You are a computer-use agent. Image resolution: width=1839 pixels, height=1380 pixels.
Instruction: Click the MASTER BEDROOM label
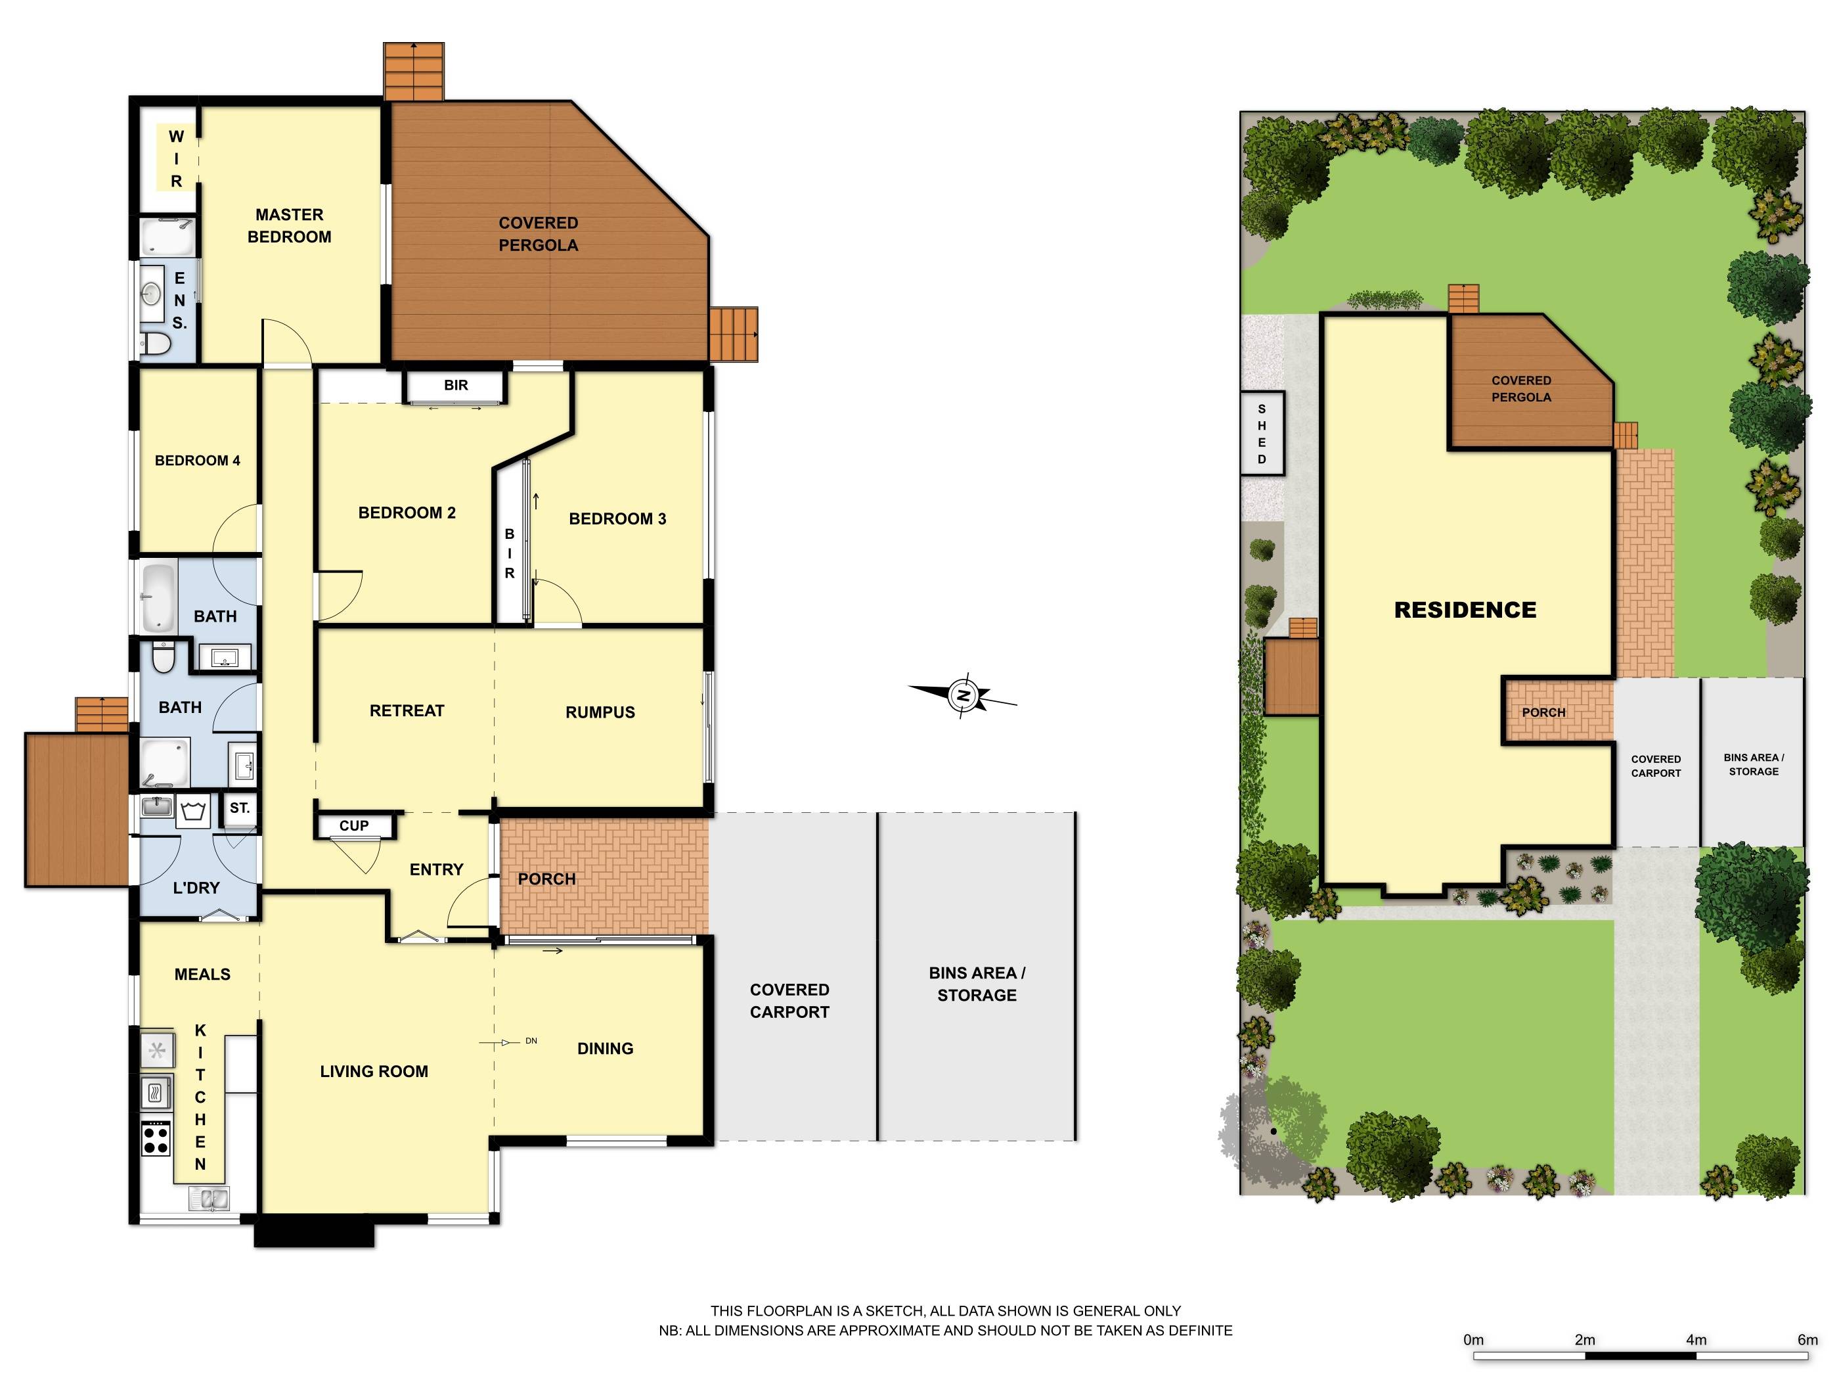click(x=290, y=225)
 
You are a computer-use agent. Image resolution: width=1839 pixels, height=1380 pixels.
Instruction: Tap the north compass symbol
click(x=964, y=695)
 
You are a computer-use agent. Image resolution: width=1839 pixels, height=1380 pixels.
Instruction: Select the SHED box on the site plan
click(x=1262, y=434)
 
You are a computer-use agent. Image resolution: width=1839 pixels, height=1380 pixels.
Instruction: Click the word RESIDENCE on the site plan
click(x=1465, y=610)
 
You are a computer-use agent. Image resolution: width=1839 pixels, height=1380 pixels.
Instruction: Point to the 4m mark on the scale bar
click(x=1696, y=1340)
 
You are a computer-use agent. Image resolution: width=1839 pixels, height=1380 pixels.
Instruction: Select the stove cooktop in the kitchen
click(x=156, y=1138)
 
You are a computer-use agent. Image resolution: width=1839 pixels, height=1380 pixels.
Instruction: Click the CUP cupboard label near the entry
click(x=353, y=826)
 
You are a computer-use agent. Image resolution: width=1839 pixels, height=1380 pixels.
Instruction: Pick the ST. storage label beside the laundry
click(x=240, y=808)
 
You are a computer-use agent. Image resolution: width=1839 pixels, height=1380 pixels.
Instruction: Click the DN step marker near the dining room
click(x=531, y=1041)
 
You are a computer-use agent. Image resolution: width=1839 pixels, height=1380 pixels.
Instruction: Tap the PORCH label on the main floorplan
click(x=546, y=879)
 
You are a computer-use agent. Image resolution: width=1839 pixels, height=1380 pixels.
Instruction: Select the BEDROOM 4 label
click(x=197, y=461)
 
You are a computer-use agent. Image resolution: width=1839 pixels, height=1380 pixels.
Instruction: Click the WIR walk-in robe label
click(x=176, y=159)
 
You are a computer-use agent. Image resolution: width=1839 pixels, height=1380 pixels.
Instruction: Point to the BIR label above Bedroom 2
click(x=456, y=385)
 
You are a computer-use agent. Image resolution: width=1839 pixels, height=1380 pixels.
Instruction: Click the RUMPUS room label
click(x=600, y=712)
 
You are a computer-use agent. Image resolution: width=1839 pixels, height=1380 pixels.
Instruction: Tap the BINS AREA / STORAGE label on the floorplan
click(x=977, y=984)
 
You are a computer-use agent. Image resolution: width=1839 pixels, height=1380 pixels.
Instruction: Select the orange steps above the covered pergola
click(x=413, y=71)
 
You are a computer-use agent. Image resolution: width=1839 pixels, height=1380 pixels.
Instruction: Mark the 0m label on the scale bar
click(x=1473, y=1340)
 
